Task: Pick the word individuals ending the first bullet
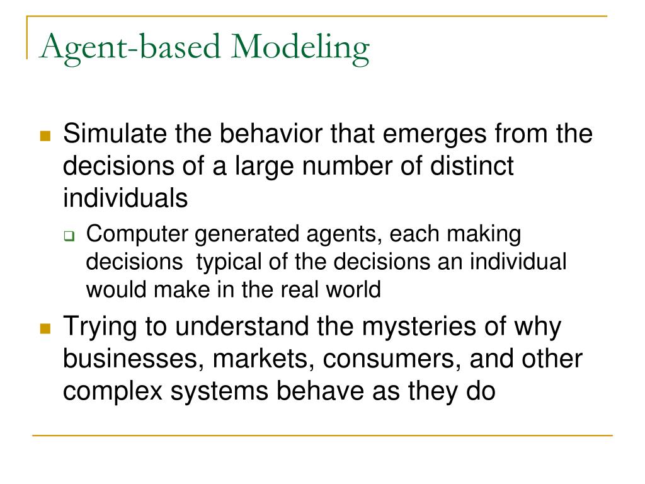click(125, 199)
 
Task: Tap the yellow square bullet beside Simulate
click(45, 136)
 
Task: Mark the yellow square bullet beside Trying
click(45, 329)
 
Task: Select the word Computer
click(137, 234)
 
